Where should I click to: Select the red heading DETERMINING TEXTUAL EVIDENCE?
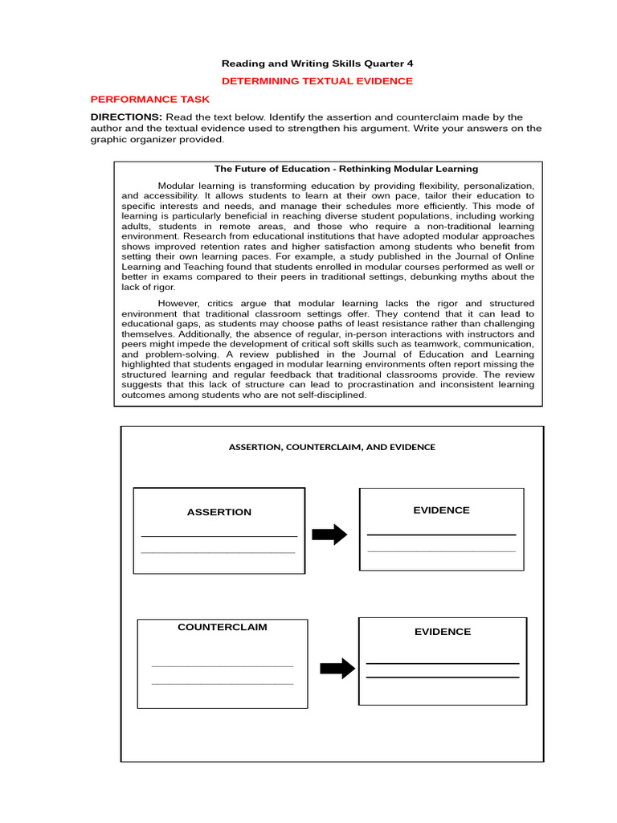pos(317,81)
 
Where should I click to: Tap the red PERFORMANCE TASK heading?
pos(149,100)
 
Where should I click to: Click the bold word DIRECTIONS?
pos(126,117)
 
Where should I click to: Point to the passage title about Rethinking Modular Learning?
pos(345,169)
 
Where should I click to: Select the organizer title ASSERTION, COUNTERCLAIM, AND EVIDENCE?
pos(332,447)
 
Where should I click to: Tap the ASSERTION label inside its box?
pos(219,512)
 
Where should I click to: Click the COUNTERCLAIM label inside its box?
pos(222,627)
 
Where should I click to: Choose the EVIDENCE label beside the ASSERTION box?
pos(441,510)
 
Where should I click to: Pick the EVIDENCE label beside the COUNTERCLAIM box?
pos(443,632)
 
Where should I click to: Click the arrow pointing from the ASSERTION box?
pos(329,534)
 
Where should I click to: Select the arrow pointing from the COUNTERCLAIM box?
pos(337,668)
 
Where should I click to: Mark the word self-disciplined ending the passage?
pos(330,395)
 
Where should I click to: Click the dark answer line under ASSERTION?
pos(219,536)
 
